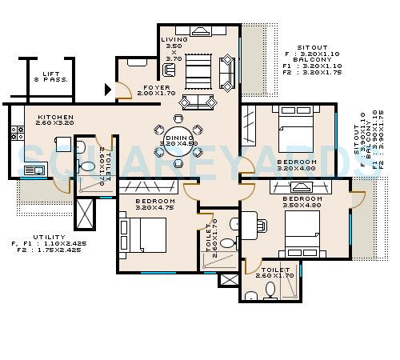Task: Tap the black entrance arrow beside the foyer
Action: (x=108, y=90)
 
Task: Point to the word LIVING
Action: (x=174, y=39)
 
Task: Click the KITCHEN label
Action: (x=55, y=117)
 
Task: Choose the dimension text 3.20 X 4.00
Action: (x=297, y=169)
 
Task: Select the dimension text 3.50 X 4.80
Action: (x=302, y=205)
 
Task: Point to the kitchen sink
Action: (x=34, y=170)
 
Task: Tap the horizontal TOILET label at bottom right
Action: (x=275, y=270)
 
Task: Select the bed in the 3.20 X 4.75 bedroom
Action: (x=146, y=235)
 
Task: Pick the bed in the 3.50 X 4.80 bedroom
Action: (x=302, y=232)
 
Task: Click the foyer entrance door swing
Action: (x=122, y=90)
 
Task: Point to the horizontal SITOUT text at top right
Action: (x=312, y=47)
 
